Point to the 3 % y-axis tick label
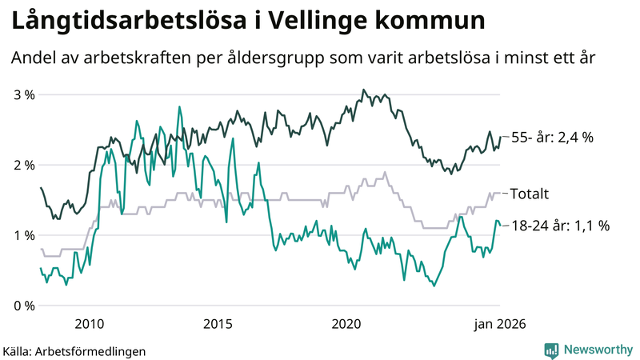(x=24, y=94)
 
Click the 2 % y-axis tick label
(x=24, y=165)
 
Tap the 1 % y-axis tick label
(x=24, y=235)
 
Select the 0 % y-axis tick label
(x=24, y=306)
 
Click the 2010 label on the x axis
(x=89, y=324)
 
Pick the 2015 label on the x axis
(x=218, y=324)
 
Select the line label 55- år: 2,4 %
(x=552, y=138)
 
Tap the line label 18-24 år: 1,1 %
(x=560, y=226)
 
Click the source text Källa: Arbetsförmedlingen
(x=74, y=350)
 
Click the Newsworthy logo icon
(x=551, y=350)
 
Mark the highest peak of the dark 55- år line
(x=363, y=90)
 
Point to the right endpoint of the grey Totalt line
(x=501, y=193)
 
